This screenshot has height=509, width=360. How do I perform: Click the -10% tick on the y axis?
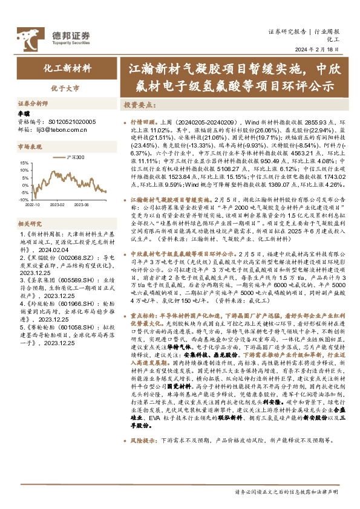22,199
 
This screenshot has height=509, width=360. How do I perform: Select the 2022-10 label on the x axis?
34,204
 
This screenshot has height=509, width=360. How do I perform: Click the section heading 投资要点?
140,105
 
